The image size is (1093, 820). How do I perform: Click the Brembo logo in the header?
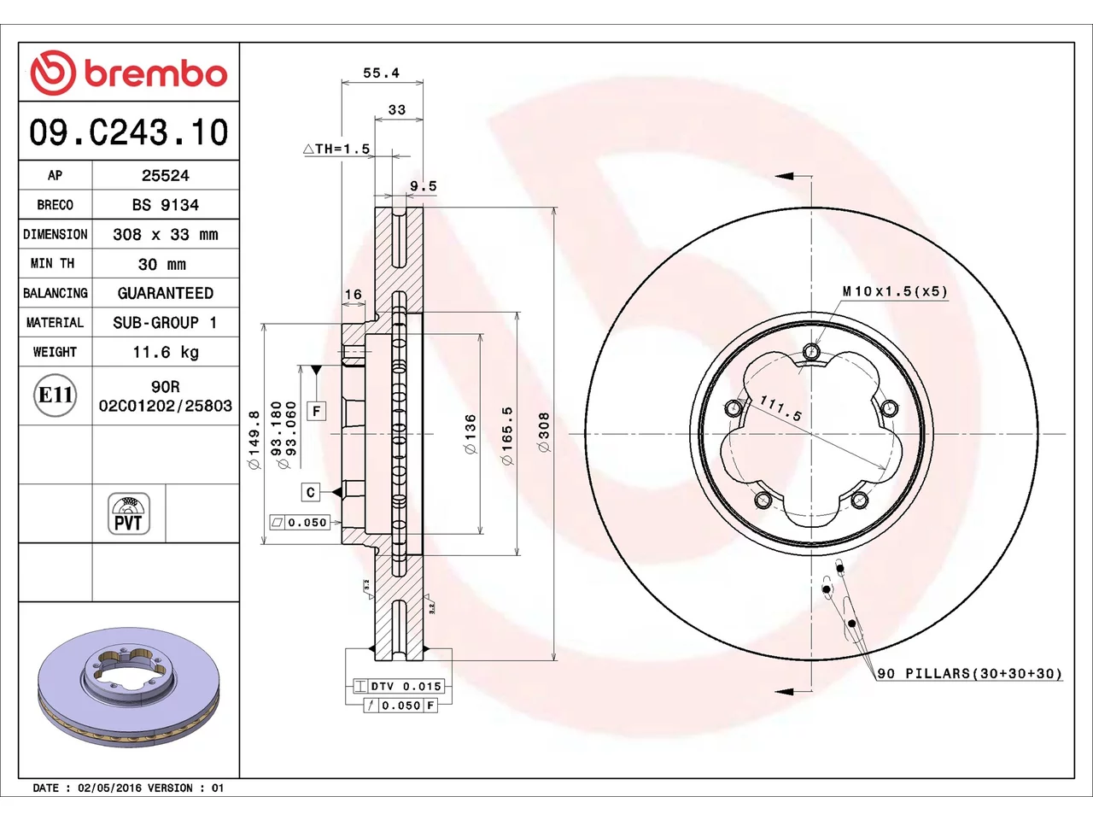click(128, 73)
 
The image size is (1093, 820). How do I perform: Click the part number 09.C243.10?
click(128, 132)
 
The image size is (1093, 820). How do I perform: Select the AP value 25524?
click(166, 175)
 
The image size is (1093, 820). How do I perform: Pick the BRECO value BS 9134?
click(166, 205)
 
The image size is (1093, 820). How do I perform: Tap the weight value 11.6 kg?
click(166, 352)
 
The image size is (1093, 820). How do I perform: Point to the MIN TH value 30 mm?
click(162, 264)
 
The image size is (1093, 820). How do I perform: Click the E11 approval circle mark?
click(56, 395)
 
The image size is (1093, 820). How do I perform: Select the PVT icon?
click(128, 513)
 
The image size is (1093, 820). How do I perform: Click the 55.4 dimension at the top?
click(381, 73)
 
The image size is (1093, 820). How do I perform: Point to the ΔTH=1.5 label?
click(336, 149)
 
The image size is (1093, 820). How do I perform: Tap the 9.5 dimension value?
click(423, 185)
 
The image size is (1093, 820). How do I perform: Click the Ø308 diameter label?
click(544, 431)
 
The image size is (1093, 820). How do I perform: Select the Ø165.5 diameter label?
click(507, 436)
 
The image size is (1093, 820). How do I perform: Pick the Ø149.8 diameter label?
click(254, 440)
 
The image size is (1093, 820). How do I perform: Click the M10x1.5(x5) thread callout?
click(895, 290)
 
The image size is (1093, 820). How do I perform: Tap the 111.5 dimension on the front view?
click(780, 408)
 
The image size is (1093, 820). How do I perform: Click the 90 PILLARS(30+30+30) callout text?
click(969, 673)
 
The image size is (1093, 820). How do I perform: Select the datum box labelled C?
click(310, 492)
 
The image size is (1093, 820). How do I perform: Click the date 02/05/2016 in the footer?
click(109, 788)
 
